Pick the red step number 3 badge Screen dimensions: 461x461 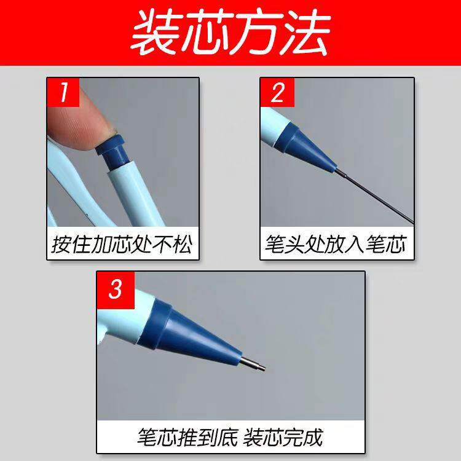tap(114, 288)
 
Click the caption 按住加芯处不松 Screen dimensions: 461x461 tap(122, 245)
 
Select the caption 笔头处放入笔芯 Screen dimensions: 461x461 tap(336, 245)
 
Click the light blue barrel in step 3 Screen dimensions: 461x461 tap(126, 310)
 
